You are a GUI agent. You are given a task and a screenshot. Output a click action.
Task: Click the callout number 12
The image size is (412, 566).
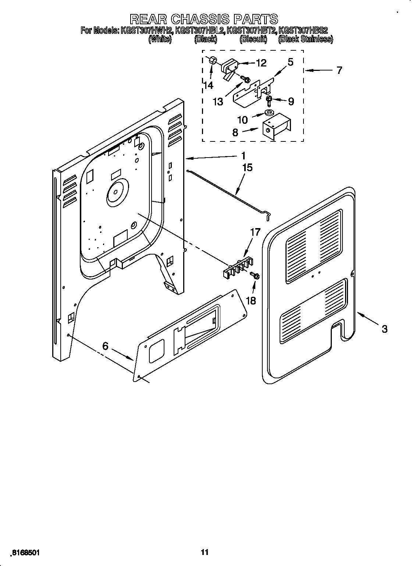pyautogui.click(x=261, y=63)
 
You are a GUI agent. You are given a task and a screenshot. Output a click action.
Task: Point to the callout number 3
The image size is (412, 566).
pyautogui.click(x=384, y=329)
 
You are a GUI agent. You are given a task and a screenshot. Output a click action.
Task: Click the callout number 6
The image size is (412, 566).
pyautogui.click(x=105, y=346)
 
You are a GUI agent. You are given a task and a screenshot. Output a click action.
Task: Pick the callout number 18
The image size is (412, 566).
pyautogui.click(x=251, y=301)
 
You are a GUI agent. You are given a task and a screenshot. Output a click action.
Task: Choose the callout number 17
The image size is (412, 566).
pyautogui.click(x=255, y=232)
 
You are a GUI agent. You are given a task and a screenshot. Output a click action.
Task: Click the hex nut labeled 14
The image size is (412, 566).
pyautogui.click(x=212, y=60)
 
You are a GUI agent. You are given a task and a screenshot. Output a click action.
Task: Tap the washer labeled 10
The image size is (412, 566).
pyautogui.click(x=270, y=113)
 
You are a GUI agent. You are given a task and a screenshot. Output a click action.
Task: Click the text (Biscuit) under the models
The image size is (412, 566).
pyautogui.click(x=253, y=39)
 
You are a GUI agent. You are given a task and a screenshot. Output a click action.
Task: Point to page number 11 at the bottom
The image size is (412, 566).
pyautogui.click(x=205, y=542)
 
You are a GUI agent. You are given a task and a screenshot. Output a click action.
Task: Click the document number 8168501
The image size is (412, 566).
pyautogui.click(x=25, y=542)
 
